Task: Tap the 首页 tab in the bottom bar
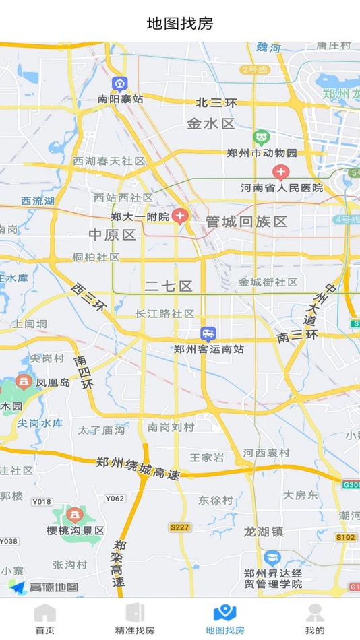[44, 619]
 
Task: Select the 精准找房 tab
[135, 619]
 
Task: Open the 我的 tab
[314, 619]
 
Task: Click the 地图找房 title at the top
[180, 24]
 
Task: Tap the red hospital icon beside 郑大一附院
[179, 216]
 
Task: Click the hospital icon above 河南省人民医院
[280, 172]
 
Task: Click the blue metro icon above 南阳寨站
[120, 84]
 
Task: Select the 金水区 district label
[210, 124]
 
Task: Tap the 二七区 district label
[169, 286]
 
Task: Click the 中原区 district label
[113, 234]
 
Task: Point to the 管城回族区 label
[247, 221]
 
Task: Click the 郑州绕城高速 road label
[138, 468]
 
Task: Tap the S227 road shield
[179, 527]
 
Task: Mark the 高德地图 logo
[44, 587]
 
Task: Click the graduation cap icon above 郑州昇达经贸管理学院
[272, 558]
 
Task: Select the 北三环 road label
[216, 103]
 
